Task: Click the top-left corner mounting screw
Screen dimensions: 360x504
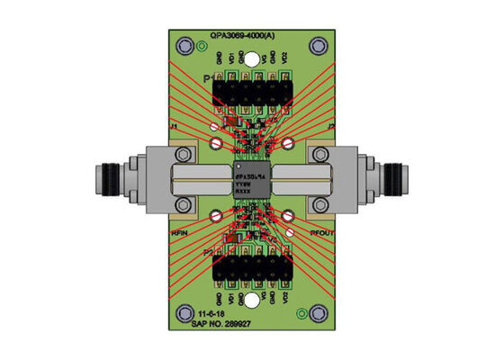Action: coord(186,45)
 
